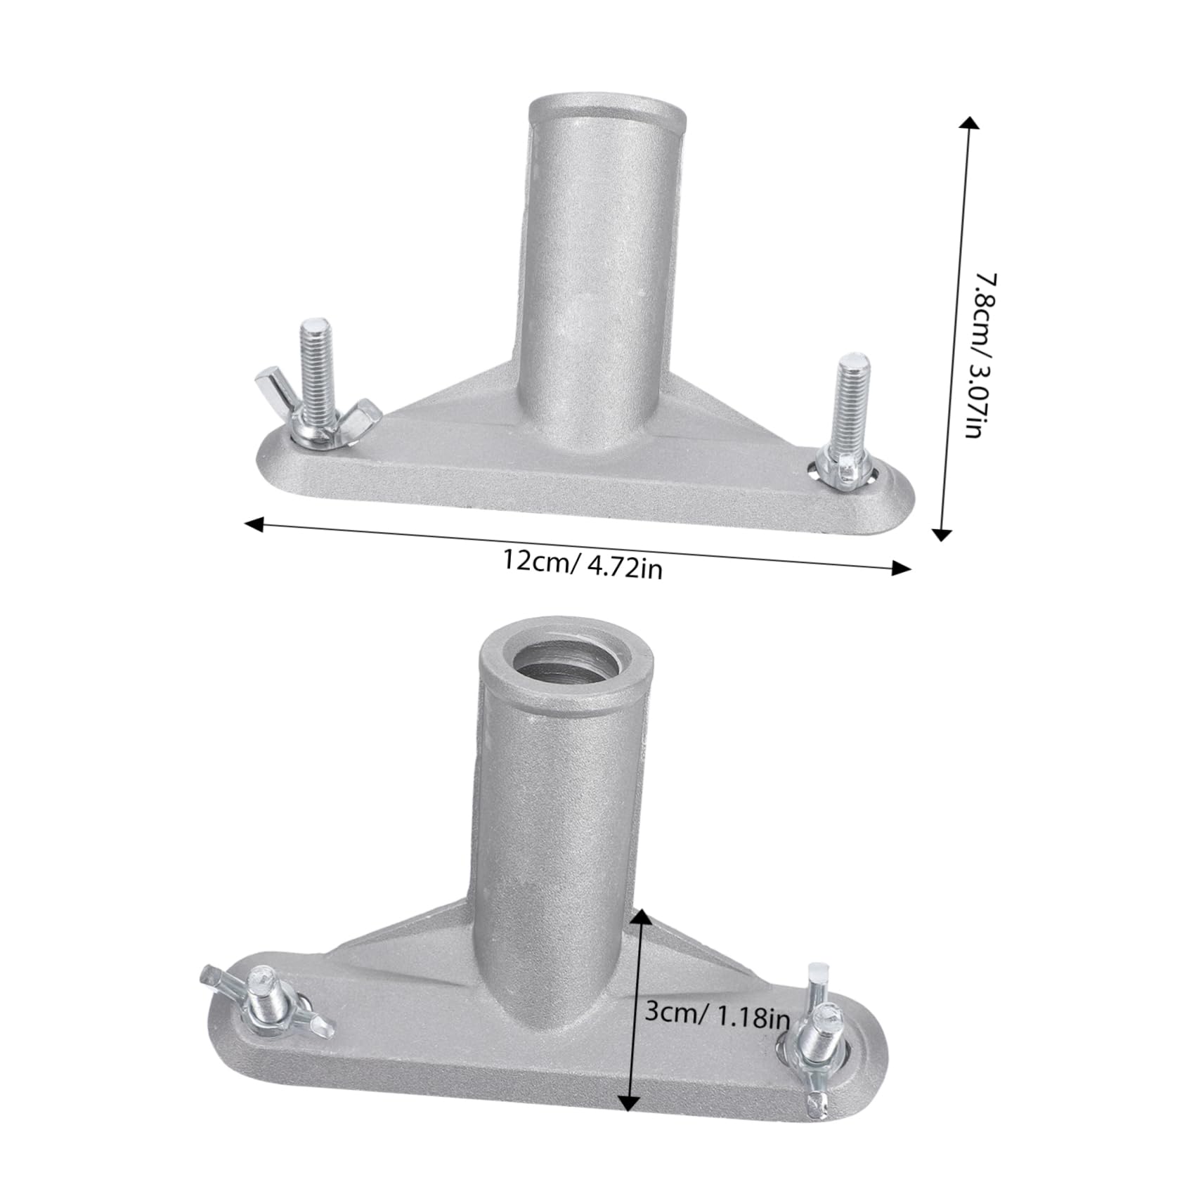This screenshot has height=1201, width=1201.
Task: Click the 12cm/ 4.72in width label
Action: point(582,564)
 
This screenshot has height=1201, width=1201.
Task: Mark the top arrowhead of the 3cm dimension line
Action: point(640,916)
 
